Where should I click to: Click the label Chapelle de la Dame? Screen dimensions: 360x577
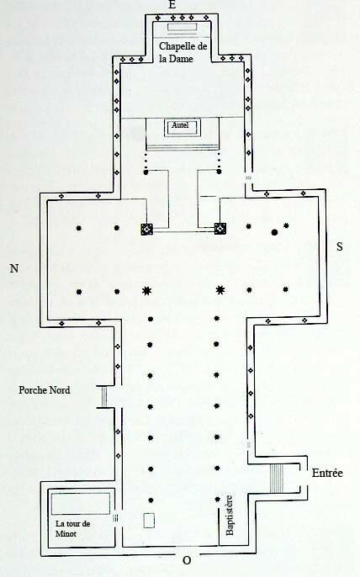(183, 52)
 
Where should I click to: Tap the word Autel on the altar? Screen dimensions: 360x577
(180, 125)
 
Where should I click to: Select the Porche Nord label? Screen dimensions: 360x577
(45, 389)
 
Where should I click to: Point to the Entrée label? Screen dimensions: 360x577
(327, 473)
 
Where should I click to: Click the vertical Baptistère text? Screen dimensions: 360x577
(230, 515)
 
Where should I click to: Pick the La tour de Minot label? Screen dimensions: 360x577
(72, 528)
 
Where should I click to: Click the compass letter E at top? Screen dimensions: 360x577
(172, 4)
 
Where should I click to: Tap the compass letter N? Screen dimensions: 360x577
(14, 268)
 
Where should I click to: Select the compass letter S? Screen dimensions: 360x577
(339, 246)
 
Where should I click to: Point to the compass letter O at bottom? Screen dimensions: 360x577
(187, 560)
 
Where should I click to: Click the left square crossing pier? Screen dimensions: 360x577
(147, 229)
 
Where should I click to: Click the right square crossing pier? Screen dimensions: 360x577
(220, 229)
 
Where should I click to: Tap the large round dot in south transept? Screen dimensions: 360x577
(274, 232)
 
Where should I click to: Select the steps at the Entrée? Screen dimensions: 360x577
(277, 479)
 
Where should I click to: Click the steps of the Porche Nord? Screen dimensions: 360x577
(103, 397)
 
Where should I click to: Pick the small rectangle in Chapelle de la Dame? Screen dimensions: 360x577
(183, 27)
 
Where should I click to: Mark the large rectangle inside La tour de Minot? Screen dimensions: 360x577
(81, 503)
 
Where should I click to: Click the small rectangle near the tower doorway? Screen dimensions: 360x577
(149, 521)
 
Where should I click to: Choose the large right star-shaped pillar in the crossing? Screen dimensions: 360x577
(220, 290)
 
